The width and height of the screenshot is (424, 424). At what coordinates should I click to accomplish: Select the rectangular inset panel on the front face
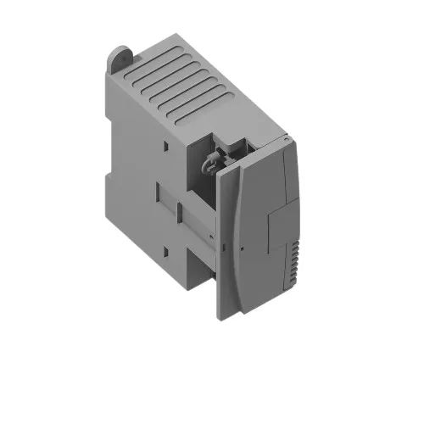click(x=280, y=229)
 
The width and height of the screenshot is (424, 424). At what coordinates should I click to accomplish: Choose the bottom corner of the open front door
click(x=222, y=319)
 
